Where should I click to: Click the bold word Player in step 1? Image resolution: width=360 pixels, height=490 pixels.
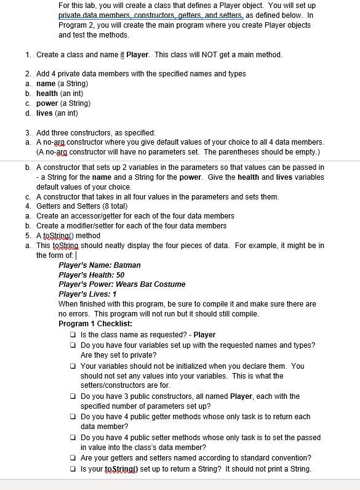point(137,55)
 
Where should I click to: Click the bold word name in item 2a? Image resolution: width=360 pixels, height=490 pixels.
point(46,84)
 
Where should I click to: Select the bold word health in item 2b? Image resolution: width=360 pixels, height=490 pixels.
point(47,94)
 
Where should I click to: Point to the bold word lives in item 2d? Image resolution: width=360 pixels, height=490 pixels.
point(45,113)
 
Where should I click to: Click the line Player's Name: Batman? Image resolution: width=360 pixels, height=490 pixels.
point(100,265)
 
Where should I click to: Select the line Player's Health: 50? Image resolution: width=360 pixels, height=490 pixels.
point(92,275)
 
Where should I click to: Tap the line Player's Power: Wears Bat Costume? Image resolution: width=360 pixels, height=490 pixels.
point(122,284)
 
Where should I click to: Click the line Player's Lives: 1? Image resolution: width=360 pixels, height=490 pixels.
point(87,294)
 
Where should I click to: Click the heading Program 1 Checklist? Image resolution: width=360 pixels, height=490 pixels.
point(95,324)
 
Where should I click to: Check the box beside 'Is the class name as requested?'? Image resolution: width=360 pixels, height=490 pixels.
point(74,335)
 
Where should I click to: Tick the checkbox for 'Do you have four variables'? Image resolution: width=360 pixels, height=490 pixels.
point(74,345)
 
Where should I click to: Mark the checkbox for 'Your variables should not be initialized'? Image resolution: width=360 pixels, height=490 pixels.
point(74,366)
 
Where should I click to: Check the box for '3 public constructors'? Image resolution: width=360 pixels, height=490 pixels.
point(74,396)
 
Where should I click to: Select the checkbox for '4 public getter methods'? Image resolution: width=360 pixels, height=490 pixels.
point(74,417)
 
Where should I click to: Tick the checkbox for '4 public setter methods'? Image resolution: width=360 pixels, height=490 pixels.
point(74,438)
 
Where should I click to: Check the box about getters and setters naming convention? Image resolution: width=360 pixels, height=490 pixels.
point(74,458)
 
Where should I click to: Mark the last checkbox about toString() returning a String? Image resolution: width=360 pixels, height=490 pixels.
point(74,469)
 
